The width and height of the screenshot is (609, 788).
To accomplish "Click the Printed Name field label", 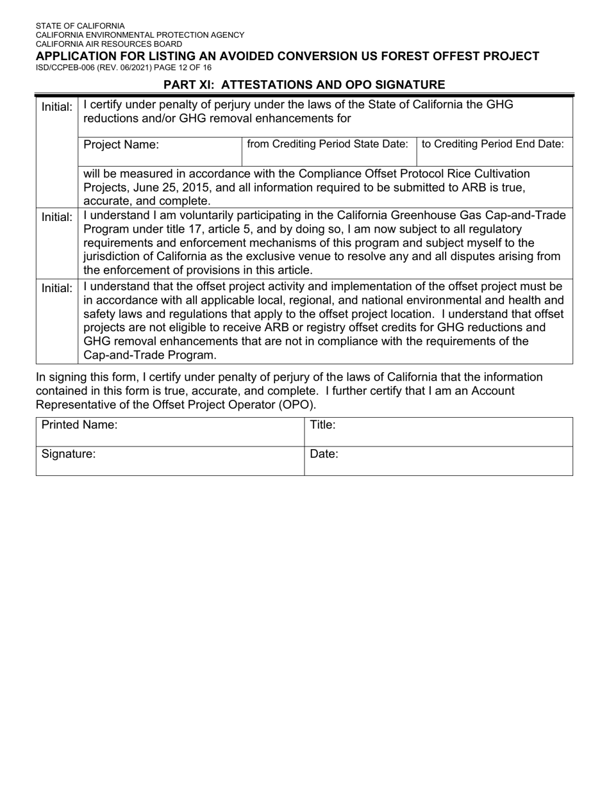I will (x=79, y=425).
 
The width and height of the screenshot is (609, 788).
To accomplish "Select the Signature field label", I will (x=69, y=454).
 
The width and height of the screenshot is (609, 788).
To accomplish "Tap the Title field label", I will (x=322, y=424).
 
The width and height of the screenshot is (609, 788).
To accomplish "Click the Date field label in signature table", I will (x=324, y=454).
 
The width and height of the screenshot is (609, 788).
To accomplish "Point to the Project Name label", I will (x=121, y=145).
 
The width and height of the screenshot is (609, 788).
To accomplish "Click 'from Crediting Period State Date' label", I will (x=327, y=144).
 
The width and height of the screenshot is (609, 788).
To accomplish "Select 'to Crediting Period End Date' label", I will (x=493, y=144).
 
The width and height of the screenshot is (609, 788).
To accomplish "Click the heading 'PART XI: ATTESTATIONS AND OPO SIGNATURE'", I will (x=304, y=85).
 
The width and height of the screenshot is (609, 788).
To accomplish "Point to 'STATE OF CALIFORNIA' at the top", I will (x=80, y=26).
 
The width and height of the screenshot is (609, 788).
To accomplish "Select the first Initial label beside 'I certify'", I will (x=57, y=107).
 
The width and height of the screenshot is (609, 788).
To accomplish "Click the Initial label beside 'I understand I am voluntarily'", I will (x=57, y=217).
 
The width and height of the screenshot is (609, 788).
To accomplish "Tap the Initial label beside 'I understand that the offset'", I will (x=57, y=288).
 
